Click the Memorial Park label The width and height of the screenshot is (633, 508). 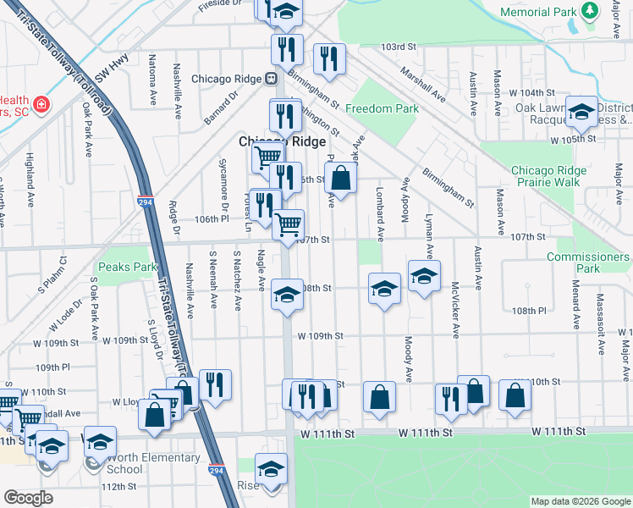click(537, 12)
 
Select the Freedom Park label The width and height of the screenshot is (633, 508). click(382, 108)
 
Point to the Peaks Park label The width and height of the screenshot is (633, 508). click(128, 267)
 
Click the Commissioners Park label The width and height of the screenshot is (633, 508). click(587, 262)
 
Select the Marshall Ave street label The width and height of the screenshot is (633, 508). click(423, 85)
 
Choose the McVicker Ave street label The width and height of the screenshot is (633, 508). click(455, 310)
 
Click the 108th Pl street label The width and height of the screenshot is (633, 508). click(530, 311)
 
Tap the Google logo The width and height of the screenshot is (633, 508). click(28, 498)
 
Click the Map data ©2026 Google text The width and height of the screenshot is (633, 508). click(580, 501)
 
